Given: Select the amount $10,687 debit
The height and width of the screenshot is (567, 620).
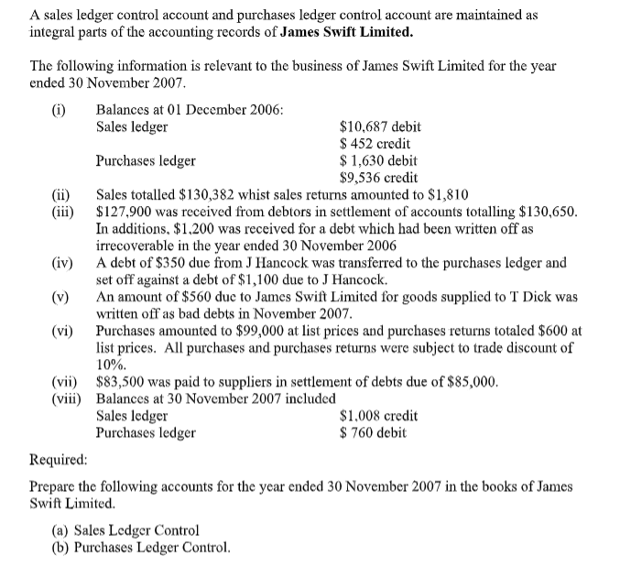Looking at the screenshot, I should tap(380, 126).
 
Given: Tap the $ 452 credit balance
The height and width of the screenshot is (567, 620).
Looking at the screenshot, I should tap(375, 144).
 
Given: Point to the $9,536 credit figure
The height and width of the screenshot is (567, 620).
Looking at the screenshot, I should tap(378, 178).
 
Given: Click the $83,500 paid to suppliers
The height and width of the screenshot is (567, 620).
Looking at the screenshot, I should tap(125, 382).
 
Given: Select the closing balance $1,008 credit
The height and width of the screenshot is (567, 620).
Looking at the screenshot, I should tap(378, 416).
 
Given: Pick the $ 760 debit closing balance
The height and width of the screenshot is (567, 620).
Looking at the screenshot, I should tap(373, 432).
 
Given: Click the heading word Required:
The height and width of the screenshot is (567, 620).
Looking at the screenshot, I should tap(60, 459).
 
